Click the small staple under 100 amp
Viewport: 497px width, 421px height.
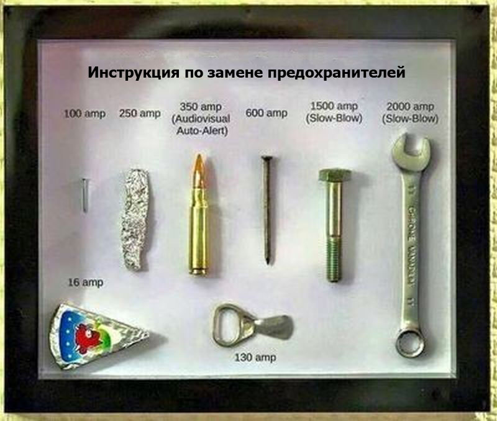84,195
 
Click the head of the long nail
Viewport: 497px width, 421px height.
265,159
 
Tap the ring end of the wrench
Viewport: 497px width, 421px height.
410,342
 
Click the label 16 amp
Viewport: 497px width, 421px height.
85,283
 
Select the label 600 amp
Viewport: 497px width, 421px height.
267,113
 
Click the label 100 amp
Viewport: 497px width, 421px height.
84,114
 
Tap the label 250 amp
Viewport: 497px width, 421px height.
139,113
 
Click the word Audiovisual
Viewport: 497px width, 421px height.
200,119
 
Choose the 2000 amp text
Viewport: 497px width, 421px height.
411,106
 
